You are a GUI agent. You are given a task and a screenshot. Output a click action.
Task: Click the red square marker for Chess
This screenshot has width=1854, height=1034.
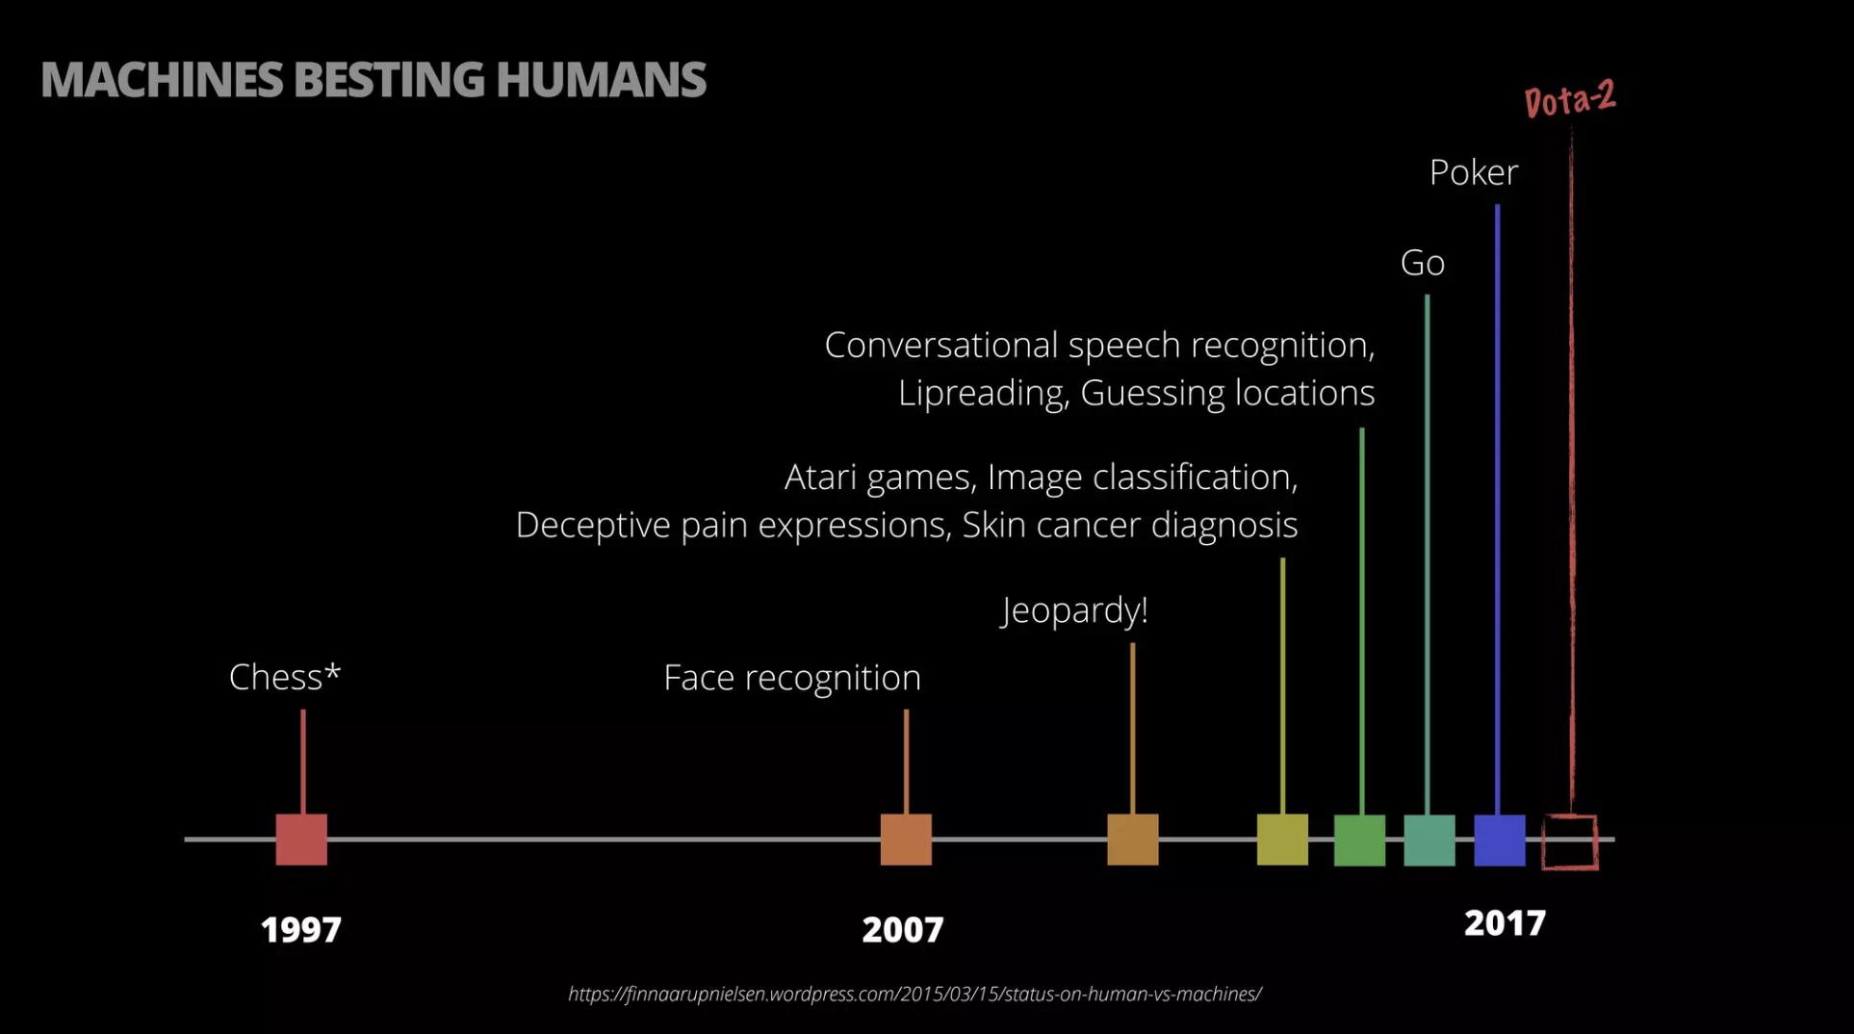301,840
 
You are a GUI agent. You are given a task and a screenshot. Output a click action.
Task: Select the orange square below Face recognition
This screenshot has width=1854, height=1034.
906,840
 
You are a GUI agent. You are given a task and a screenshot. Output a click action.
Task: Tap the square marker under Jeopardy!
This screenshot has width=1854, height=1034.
1133,840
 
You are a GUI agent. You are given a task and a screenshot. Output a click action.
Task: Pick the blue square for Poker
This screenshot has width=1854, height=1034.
1500,840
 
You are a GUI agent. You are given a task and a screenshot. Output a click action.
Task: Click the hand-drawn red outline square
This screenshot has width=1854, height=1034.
1570,842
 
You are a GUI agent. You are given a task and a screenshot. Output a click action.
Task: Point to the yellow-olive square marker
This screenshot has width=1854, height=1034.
1282,840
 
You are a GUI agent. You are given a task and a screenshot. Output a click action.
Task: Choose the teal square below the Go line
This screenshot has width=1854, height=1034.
1429,840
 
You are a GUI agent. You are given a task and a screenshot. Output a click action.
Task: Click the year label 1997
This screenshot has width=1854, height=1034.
301,930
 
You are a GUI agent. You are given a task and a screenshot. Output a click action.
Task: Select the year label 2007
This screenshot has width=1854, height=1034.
903,930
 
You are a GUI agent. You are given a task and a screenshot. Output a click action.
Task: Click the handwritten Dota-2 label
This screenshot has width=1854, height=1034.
1570,99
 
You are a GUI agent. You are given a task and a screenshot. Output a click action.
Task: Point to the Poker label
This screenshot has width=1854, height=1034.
1473,173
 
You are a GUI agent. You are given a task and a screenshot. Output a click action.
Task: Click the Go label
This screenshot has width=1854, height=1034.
1422,263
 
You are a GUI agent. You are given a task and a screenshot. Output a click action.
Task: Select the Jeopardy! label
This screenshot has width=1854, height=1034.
1074,610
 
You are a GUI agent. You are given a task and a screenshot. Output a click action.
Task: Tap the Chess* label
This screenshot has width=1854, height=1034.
285,678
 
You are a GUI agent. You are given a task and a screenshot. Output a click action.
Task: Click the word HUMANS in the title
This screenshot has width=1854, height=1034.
602,80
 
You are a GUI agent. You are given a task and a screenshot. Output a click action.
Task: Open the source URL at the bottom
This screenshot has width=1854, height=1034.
914,995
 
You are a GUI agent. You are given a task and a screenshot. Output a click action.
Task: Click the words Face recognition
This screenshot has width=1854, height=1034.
792,678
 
